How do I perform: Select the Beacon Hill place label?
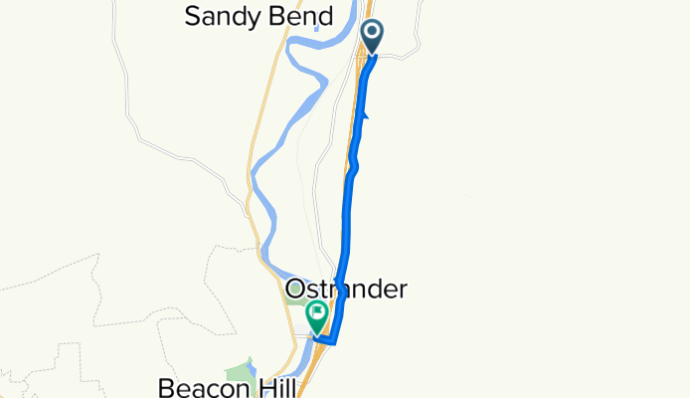(221, 386)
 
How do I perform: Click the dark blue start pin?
(373, 36)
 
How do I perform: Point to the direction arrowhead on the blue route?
(365, 117)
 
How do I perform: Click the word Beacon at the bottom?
(198, 386)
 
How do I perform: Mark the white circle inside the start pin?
(373, 33)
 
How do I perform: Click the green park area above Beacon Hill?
(239, 371)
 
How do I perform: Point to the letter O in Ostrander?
(294, 290)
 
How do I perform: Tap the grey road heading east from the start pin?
(398, 58)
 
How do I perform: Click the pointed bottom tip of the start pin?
(373, 54)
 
